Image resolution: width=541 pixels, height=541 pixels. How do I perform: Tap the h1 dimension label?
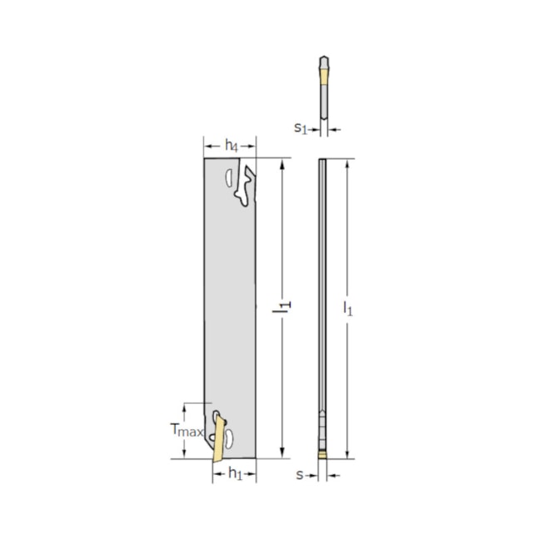point(236,474)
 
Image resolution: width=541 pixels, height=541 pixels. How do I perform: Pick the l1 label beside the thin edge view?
point(348,307)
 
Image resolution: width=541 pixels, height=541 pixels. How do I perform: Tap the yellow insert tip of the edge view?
point(322,454)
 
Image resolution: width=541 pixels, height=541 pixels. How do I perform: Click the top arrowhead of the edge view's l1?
point(348,163)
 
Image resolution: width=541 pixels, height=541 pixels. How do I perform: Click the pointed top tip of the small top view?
point(323,58)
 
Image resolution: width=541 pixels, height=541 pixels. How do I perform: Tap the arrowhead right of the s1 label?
point(332,128)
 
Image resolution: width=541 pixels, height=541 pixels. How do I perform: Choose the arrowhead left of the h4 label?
point(208,146)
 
